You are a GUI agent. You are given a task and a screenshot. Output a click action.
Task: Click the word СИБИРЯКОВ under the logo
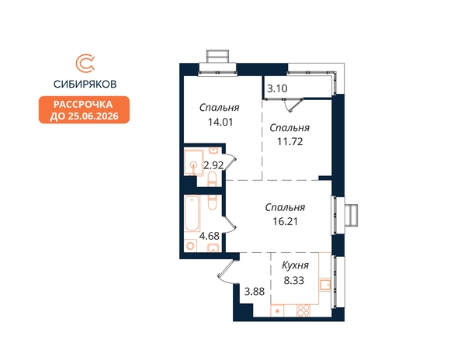tap(85, 85)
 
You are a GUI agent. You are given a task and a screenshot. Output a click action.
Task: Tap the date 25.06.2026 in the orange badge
tap(93, 116)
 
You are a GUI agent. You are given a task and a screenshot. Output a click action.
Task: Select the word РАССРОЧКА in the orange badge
tap(83, 104)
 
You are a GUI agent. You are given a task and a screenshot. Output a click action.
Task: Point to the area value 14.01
tap(220, 122)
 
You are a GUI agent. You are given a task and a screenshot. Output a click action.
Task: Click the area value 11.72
tap(290, 142)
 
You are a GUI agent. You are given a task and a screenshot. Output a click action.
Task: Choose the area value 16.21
tap(285, 221)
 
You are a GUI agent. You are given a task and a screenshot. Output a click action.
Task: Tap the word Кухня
tap(295, 265)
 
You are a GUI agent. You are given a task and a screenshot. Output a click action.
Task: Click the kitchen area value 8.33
tap(293, 280)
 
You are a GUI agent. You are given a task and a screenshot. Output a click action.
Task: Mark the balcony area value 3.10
tap(277, 88)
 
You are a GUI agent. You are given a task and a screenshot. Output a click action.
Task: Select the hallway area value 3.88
tap(255, 292)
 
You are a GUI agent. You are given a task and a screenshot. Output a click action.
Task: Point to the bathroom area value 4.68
tap(210, 236)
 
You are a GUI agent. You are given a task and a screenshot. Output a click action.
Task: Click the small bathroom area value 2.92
tap(213, 166)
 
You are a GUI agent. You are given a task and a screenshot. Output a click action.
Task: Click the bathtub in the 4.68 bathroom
tap(192, 213)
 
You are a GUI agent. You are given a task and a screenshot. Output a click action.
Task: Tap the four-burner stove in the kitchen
tap(303, 310)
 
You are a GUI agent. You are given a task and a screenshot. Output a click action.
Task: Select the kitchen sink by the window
tap(325, 285)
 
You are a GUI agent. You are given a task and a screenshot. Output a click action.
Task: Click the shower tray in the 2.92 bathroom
tap(194, 162)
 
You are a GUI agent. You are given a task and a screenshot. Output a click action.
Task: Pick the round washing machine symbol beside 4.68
tap(190, 246)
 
